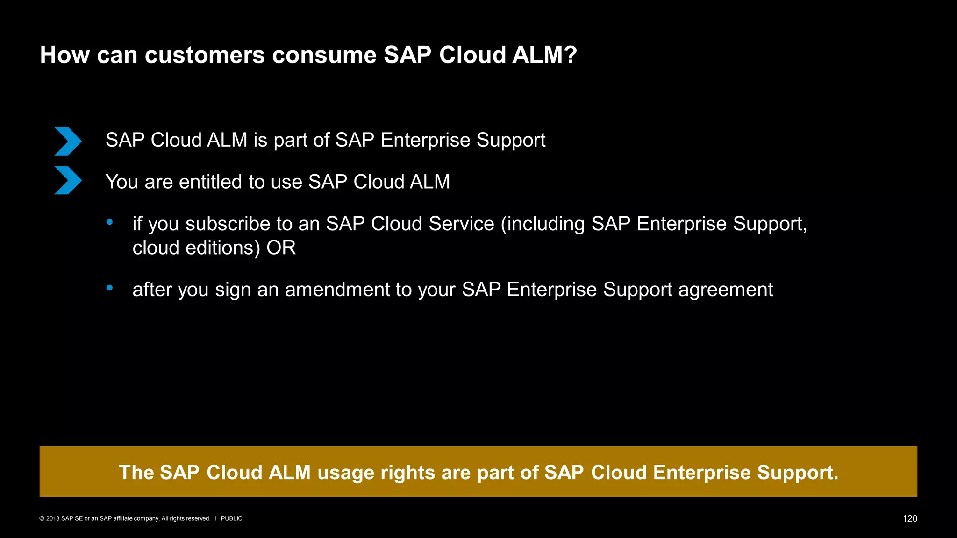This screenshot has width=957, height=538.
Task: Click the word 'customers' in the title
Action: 204,55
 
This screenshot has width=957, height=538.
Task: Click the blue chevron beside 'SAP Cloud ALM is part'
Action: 68,141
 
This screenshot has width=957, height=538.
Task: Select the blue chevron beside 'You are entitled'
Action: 68,180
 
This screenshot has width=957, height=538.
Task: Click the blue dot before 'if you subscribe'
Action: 110,222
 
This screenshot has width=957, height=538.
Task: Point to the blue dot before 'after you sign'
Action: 110,288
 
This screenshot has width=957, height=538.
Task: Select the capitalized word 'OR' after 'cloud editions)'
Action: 281,248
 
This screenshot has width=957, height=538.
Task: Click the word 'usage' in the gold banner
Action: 346,472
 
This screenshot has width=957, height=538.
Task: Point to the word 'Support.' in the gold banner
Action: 798,472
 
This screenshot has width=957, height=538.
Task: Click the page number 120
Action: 909,519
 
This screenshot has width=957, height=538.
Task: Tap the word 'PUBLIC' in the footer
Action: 231,519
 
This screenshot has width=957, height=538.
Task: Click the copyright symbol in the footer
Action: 42,519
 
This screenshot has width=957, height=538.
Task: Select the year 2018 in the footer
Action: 52,519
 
